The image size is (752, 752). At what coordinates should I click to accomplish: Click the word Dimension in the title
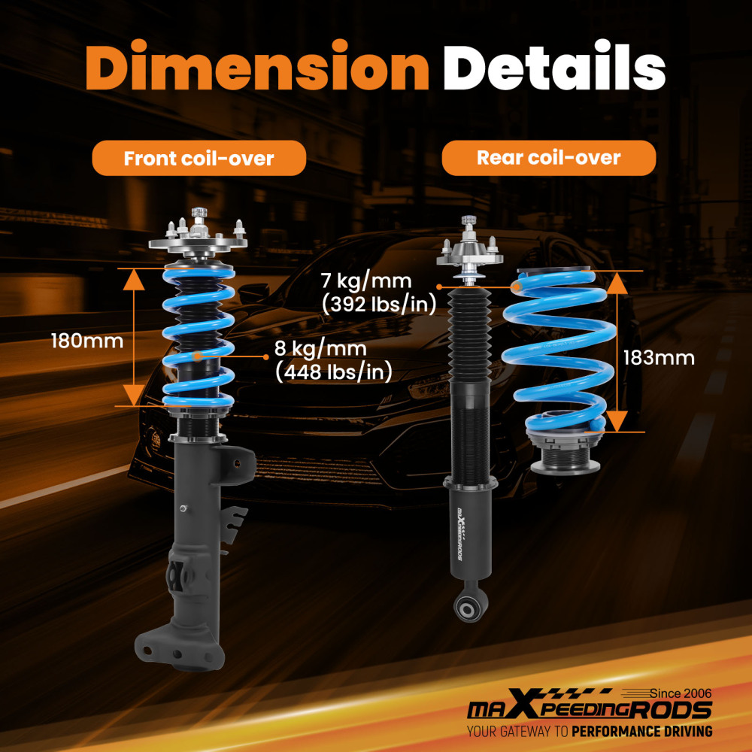pos(257,65)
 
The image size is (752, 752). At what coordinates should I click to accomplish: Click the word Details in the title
pos(554,65)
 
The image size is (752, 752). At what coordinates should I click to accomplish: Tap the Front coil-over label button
pos(199,158)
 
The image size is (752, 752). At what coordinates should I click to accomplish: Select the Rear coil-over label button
pos(549,158)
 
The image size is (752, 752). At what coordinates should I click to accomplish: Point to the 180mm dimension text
pos(87,341)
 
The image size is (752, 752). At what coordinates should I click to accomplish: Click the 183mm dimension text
pos(659,358)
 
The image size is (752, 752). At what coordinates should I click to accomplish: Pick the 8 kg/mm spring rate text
pos(320,349)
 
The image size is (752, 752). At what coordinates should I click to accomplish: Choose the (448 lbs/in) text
pos(334,371)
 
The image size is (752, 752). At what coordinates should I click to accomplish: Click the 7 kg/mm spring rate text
pos(366,281)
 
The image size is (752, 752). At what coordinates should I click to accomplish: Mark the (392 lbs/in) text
pos(379,304)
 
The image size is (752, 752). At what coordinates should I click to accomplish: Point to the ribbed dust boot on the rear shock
pos(470,335)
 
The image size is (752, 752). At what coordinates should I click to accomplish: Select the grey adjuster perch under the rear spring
pos(565,451)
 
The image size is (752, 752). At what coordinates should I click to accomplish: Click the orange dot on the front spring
pos(196,356)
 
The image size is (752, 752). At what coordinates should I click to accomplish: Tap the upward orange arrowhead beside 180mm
pos(134,280)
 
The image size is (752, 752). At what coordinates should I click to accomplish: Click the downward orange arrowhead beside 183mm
pos(617,421)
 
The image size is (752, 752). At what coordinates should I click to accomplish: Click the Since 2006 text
pos(681,693)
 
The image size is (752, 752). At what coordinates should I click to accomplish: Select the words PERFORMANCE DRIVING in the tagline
pos(641,732)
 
